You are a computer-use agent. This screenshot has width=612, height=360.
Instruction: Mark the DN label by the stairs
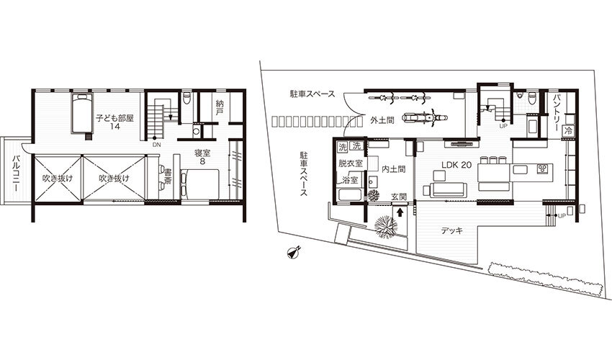pyautogui.click(x=156, y=145)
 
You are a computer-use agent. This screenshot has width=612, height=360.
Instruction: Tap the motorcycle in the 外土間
pyautogui.click(x=419, y=116)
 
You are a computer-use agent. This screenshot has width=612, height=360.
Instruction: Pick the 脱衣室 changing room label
pyautogui.click(x=351, y=163)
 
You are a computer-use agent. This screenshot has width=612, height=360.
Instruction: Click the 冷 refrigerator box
pyautogui.click(x=568, y=131)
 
